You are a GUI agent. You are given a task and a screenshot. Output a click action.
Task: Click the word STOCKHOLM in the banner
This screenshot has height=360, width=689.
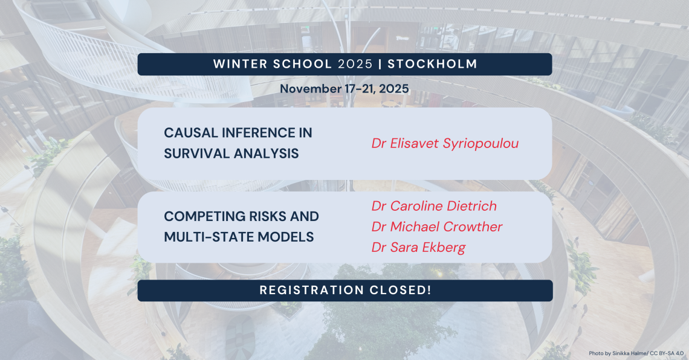tap(432, 64)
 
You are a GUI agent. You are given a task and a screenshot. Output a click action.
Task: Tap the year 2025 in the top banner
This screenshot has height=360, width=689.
tap(355, 64)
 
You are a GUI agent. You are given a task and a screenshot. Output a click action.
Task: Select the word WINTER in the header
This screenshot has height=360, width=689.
tap(241, 64)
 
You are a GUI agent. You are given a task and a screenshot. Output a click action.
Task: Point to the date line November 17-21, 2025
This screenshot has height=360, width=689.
tap(344, 89)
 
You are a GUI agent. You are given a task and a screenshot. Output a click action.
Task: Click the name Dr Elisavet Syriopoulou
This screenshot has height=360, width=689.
tap(445, 144)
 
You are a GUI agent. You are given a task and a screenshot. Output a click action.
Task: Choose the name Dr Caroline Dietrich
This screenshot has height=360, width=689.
tap(434, 206)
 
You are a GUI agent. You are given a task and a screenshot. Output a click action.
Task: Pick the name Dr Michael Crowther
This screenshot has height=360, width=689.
tap(437, 227)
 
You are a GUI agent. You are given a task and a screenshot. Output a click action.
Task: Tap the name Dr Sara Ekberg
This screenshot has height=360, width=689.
tap(418, 248)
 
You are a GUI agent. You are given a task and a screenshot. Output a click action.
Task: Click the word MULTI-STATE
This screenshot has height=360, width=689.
tap(209, 237)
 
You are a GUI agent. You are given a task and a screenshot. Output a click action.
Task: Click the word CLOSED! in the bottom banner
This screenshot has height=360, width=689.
tap(400, 290)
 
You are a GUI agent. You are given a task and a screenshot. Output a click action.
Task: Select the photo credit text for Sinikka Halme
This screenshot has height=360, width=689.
tap(636, 353)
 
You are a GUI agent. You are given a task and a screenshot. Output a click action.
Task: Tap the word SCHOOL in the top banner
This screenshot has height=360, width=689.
tap(302, 64)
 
